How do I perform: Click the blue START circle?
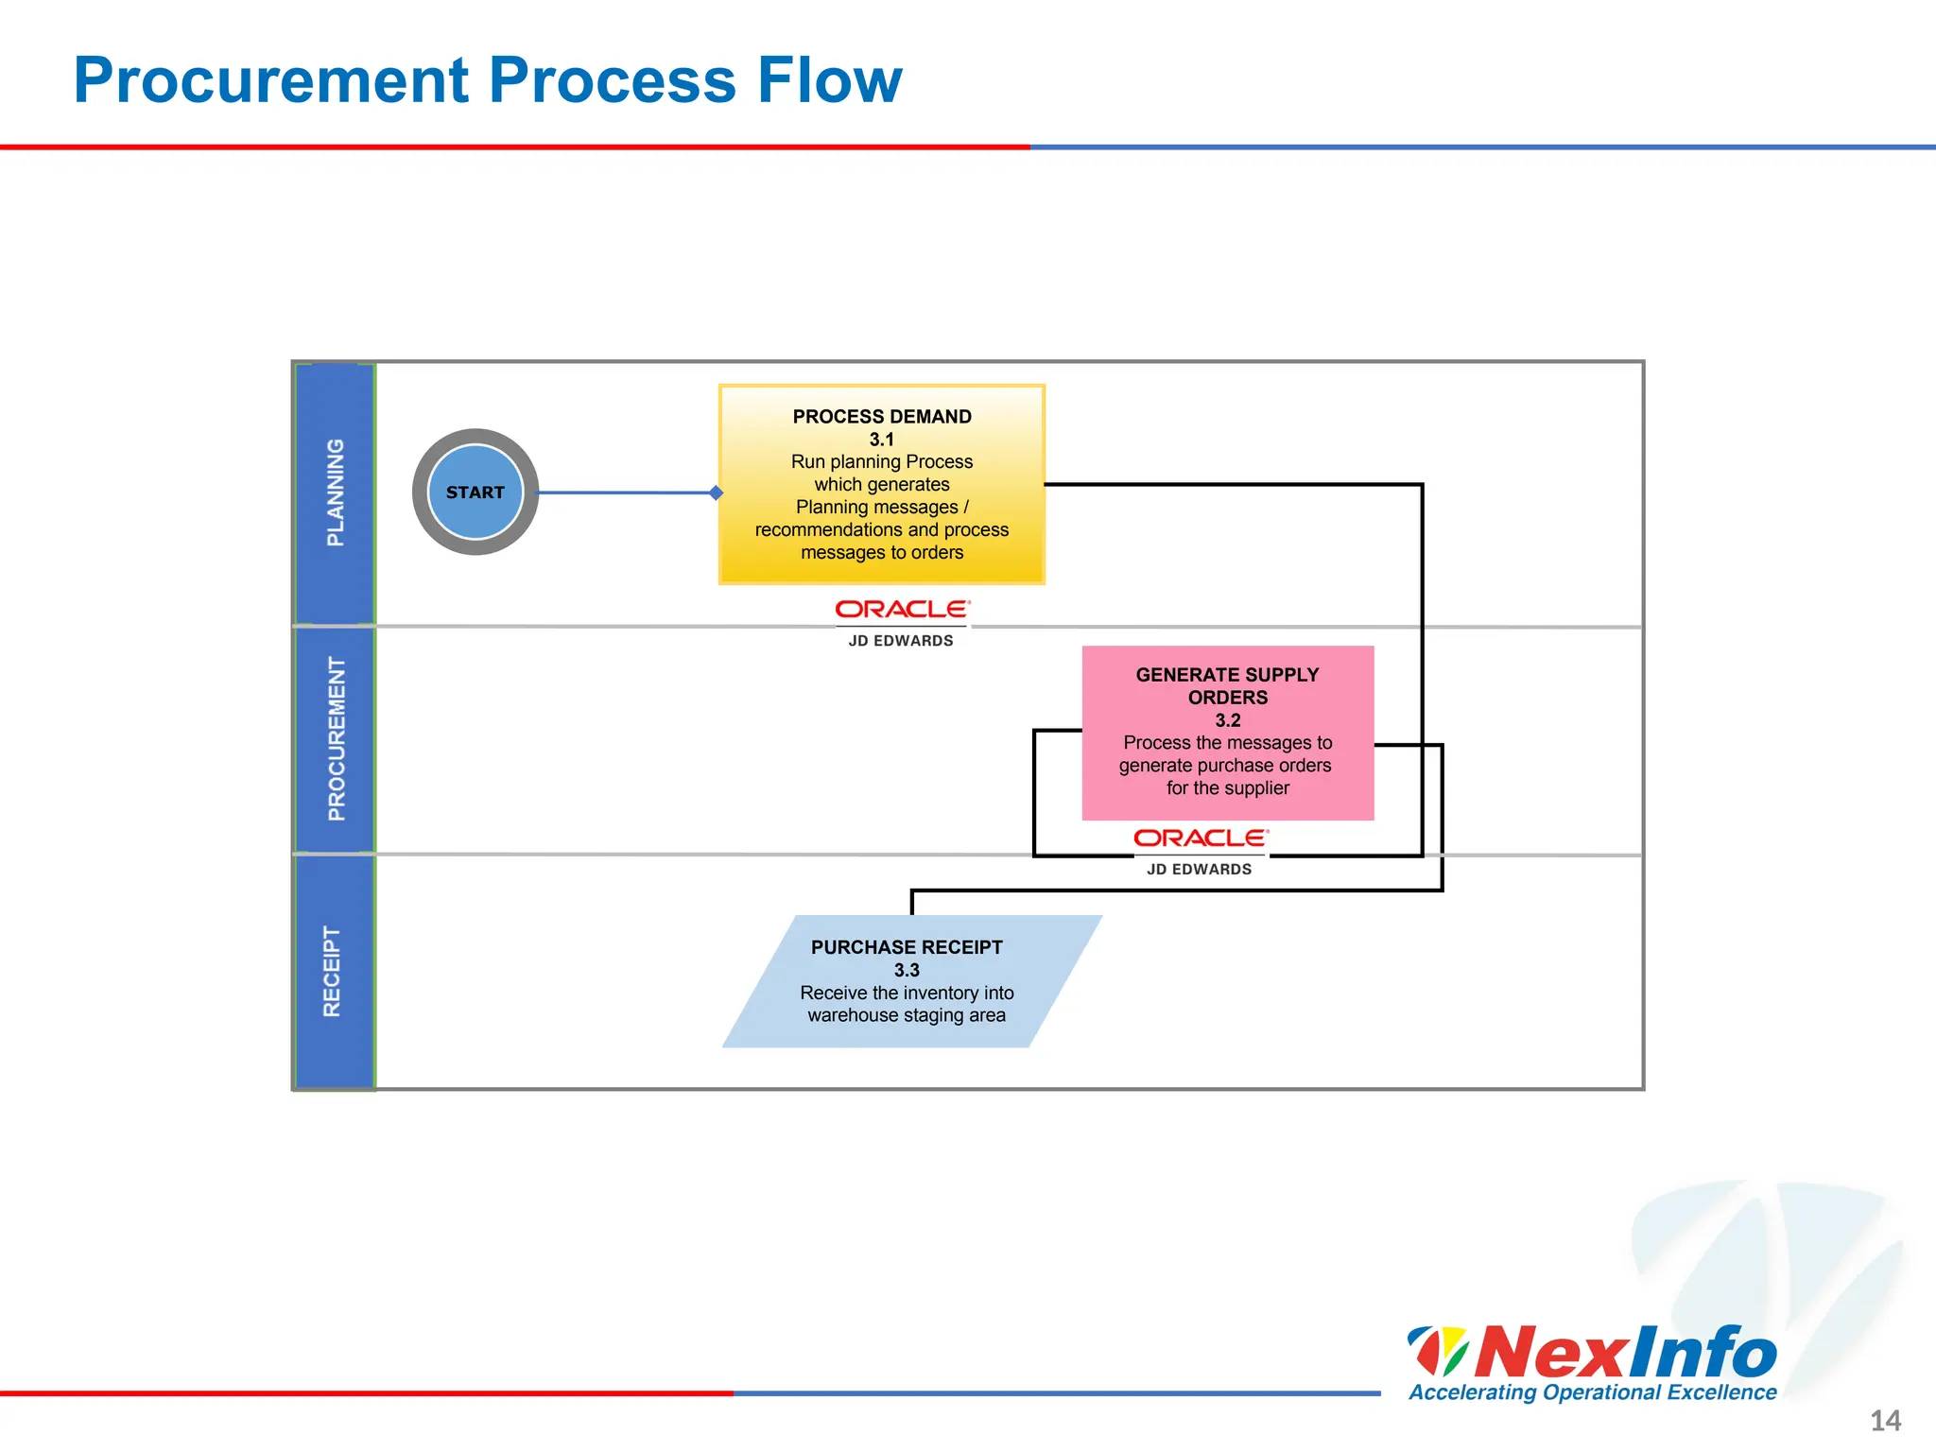coord(475,493)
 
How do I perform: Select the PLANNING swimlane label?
coord(335,493)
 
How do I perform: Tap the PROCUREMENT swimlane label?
coord(336,739)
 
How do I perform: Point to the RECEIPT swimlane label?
coord(332,971)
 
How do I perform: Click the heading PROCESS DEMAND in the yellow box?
coord(882,417)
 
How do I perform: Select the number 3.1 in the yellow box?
coord(882,440)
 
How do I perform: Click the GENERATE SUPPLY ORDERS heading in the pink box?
coord(1227,686)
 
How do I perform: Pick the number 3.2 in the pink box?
coord(1228,720)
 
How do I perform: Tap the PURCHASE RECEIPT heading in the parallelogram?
coord(907,947)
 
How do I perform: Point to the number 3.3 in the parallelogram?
coord(907,970)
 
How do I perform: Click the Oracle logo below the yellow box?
coord(902,610)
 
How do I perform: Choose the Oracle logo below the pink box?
coord(1201,838)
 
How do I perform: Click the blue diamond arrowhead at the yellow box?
coord(717,493)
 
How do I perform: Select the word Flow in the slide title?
coord(829,80)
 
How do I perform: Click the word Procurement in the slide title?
coord(271,80)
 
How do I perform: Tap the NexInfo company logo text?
coord(1624,1352)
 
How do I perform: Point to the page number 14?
coord(1885,1420)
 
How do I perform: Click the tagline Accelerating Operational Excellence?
coord(1593,1392)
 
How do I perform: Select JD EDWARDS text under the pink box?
coord(1199,870)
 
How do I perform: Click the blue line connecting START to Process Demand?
coord(624,493)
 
